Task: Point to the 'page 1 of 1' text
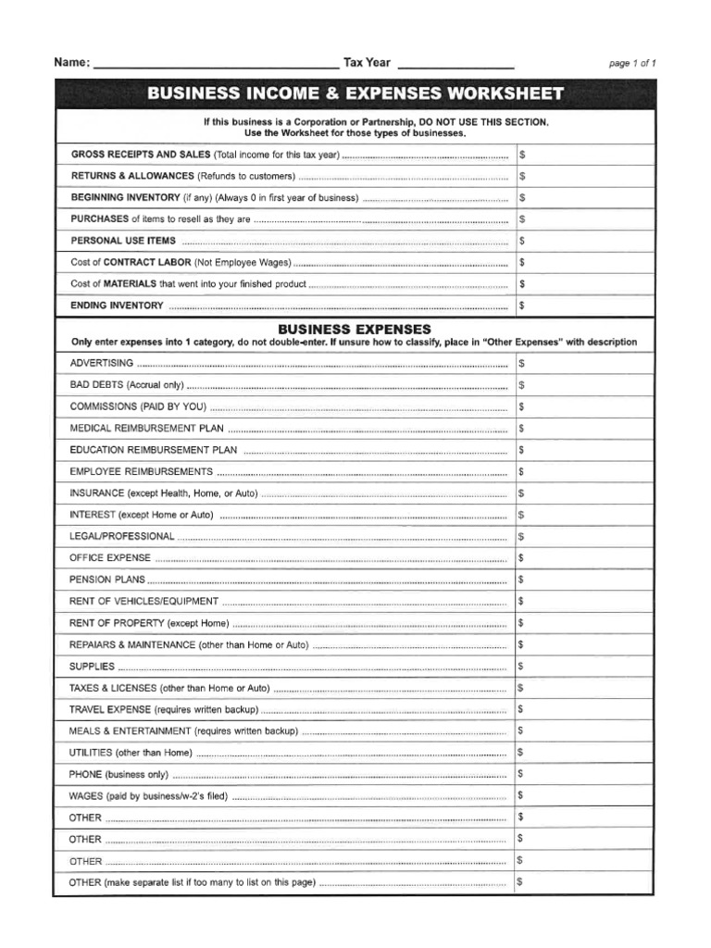(632, 64)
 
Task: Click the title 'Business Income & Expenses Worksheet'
(355, 94)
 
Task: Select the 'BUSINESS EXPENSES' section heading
(355, 329)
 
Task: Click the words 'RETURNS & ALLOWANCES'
(132, 176)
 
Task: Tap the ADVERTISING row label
(102, 363)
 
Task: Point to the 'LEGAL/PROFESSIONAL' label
(121, 536)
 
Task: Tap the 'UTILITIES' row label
(91, 753)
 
